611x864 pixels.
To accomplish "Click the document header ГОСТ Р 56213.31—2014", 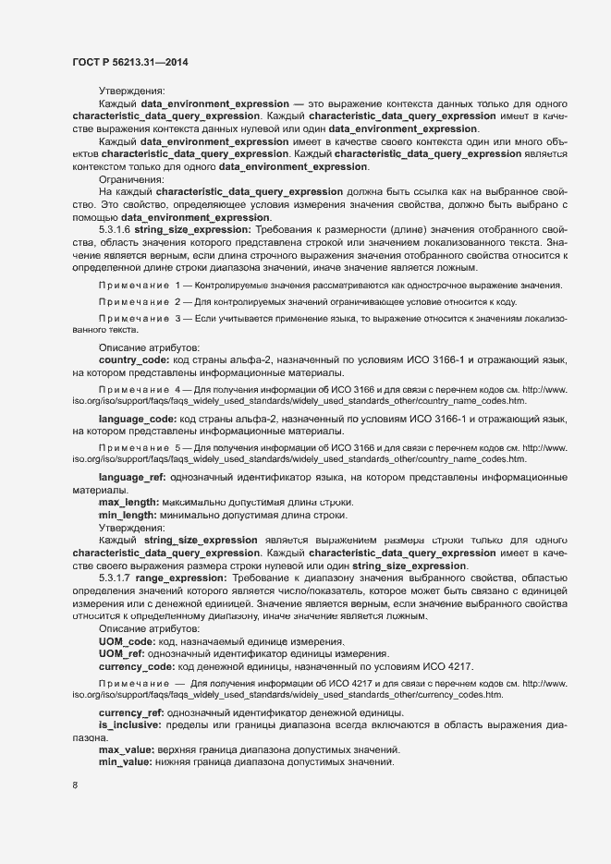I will tap(131, 61).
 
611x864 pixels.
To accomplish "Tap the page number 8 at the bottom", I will tap(75, 785).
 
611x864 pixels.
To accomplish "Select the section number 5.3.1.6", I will tap(115, 227).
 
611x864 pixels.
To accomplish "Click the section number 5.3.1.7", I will tap(115, 576).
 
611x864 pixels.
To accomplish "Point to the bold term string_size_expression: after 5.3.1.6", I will tap(190, 227).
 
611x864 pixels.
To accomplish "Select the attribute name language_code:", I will tap(137, 419).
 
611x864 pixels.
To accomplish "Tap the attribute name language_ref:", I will tap(131, 477).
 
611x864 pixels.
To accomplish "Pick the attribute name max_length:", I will tap(128, 502).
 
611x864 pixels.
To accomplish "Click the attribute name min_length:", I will tap(128, 515).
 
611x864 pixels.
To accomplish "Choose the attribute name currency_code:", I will tap(136, 666).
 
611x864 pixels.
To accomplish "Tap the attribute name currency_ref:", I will tap(130, 712).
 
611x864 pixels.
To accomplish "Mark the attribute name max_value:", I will tap(128, 748).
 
